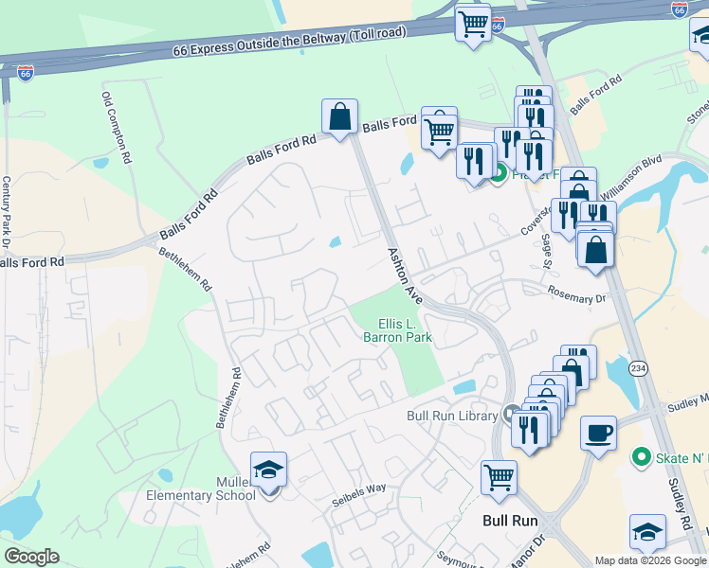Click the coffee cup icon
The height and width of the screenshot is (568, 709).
tap(598, 433)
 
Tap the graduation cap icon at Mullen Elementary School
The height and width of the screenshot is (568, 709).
tap(268, 469)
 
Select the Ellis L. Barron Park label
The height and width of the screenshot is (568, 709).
tap(398, 329)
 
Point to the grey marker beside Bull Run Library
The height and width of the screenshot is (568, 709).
tap(512, 415)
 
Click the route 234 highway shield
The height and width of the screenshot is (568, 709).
tap(641, 367)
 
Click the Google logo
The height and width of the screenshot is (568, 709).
tap(31, 557)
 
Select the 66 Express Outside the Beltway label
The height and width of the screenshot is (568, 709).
tap(290, 44)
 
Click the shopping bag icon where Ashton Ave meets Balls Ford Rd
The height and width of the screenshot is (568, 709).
tap(339, 116)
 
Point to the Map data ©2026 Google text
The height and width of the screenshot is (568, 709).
tap(649, 560)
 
